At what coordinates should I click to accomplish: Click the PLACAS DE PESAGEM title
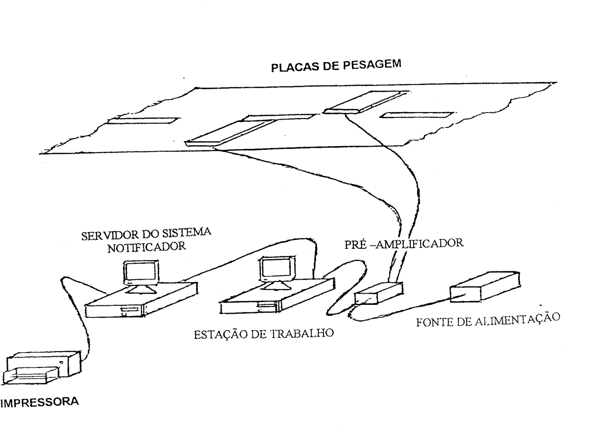(x=336, y=66)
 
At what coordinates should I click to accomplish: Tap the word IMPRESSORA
(x=39, y=402)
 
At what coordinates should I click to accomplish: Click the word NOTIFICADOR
(x=147, y=247)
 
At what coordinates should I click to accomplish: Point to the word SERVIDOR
(x=111, y=235)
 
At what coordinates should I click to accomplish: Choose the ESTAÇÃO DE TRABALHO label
(x=264, y=333)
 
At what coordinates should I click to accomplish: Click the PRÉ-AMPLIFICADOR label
(x=404, y=243)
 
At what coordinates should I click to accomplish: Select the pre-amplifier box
(x=379, y=293)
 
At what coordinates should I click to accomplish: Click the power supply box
(x=485, y=287)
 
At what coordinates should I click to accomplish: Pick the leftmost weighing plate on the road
(x=142, y=120)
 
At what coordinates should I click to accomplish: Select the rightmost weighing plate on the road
(x=417, y=115)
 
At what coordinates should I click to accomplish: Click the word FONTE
(x=434, y=322)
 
